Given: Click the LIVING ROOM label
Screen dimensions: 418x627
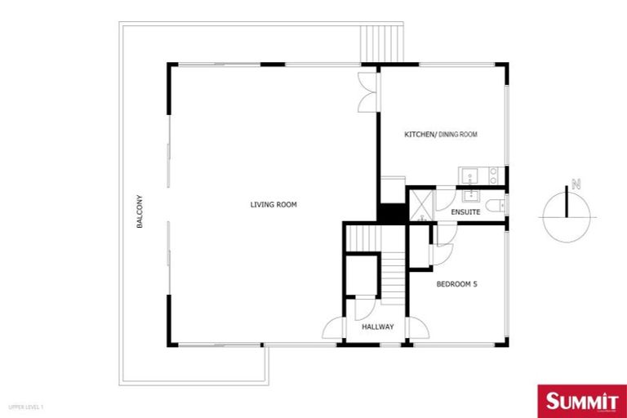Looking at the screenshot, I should click(x=273, y=204).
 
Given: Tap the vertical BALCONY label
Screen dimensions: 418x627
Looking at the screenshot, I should click(x=140, y=211).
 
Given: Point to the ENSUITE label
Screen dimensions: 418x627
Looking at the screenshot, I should click(x=465, y=212).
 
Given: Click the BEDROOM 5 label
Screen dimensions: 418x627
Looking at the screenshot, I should click(x=456, y=284).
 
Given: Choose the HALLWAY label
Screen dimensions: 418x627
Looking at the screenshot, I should click(x=378, y=327).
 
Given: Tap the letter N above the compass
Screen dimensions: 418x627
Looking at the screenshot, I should click(x=576, y=185).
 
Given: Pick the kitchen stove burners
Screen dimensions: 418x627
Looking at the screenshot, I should click(x=492, y=176).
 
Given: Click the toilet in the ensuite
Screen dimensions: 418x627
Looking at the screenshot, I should click(x=495, y=207).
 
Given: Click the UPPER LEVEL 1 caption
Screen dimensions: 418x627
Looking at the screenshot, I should click(x=25, y=406).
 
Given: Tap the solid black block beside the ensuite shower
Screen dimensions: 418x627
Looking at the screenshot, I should click(x=392, y=211).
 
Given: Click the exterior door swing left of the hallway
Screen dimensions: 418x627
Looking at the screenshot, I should click(x=333, y=329).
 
